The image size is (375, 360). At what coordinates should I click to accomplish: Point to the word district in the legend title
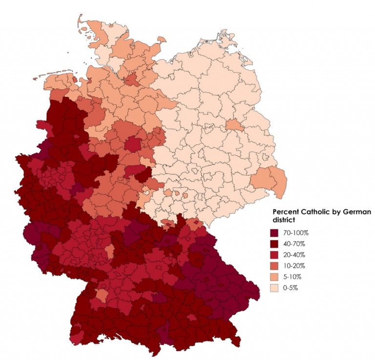click(x=283, y=220)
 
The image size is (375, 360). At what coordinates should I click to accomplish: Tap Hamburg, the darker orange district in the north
click(x=131, y=80)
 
